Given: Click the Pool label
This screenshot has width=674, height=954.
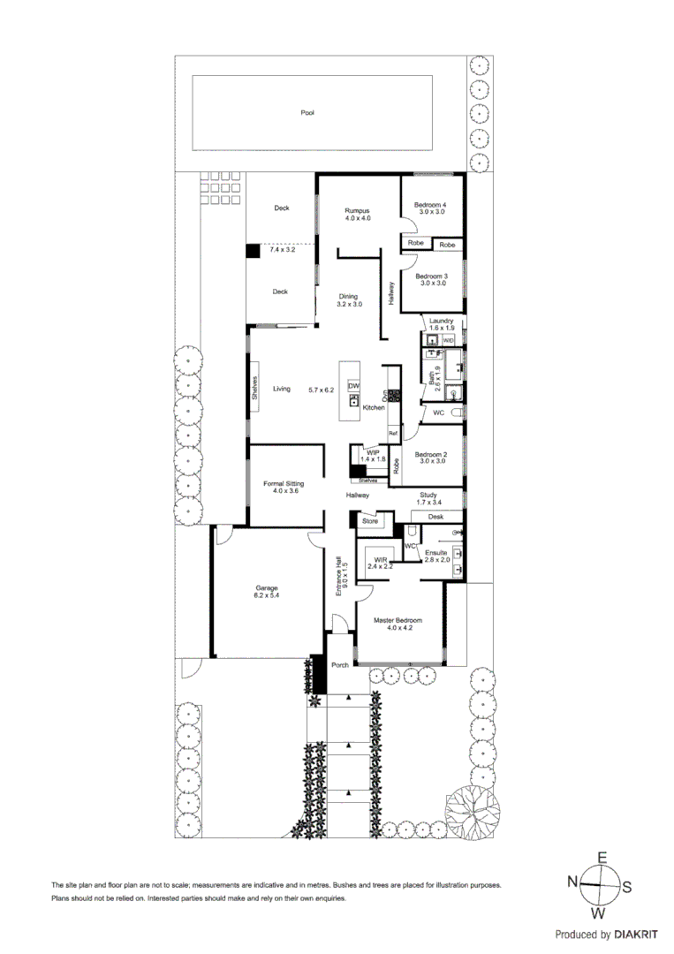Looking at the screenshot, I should [307, 112].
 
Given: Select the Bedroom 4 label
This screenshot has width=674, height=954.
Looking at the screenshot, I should [431, 206].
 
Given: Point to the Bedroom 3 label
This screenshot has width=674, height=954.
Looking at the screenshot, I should [431, 276].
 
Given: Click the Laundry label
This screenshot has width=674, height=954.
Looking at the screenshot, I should [440, 321].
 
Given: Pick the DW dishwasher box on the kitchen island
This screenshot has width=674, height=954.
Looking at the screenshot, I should [354, 387].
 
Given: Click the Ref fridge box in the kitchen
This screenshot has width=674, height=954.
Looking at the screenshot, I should [394, 433].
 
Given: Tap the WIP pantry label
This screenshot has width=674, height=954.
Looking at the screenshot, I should [374, 451].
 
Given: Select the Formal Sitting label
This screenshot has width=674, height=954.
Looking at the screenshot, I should [284, 484].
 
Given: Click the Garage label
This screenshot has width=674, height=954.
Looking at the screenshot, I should [267, 587].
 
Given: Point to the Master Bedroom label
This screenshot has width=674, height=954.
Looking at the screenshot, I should [397, 620].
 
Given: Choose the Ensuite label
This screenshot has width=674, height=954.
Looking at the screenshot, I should [437, 552].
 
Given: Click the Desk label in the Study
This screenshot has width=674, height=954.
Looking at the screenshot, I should [435, 516].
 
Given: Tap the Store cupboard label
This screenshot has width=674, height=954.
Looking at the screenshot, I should [370, 521].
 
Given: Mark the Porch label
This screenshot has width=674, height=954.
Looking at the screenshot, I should [340, 665].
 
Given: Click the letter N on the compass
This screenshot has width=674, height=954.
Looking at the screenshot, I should [572, 881].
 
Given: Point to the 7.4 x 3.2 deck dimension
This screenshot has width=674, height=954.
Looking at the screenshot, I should [281, 250].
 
